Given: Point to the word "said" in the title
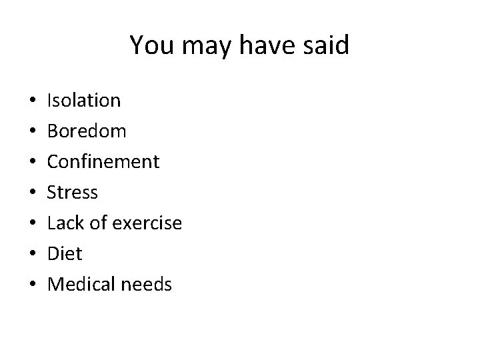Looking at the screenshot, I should (x=325, y=45).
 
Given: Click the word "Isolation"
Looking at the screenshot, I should (x=84, y=101).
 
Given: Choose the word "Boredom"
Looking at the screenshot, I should (x=87, y=131).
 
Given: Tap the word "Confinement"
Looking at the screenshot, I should (x=103, y=162).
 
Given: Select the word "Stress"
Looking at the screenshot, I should (x=73, y=193).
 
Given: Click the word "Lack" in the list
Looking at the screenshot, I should (x=65, y=223).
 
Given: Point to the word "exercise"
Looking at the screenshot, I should (x=147, y=223).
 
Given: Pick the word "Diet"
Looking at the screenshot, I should (x=65, y=254).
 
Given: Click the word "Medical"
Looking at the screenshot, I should (x=81, y=285).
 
